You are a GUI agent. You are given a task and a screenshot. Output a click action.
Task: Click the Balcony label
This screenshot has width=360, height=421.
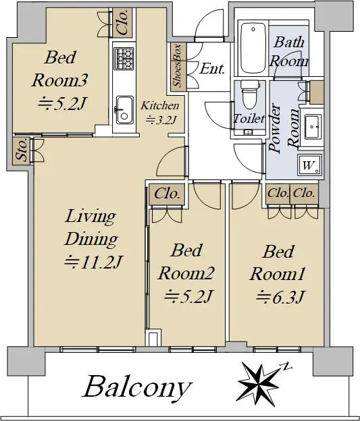click(138, 387)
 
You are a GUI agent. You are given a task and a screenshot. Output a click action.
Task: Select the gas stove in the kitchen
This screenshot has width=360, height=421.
click(124, 58)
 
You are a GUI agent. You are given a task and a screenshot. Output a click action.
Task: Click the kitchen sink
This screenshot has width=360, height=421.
click(124, 110)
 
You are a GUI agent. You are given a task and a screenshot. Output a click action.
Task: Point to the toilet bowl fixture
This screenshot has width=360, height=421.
click(249, 94)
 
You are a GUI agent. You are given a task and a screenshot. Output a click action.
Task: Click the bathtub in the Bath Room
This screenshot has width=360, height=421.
click(253, 48)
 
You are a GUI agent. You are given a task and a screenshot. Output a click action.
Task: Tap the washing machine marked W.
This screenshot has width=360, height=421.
click(310, 165)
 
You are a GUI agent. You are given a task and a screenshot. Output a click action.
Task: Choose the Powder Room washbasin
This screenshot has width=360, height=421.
click(313, 127)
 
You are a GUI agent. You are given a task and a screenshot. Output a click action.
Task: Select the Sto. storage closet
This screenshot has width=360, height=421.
click(22, 150)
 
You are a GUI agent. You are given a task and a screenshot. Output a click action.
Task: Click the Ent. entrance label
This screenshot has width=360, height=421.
click(212, 68)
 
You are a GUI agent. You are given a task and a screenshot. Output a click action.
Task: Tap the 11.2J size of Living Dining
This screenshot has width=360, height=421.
click(94, 262)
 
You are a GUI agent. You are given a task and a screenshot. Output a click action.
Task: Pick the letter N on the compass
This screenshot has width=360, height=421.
click(286, 366)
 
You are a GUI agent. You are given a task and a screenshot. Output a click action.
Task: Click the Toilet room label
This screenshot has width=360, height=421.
click(249, 119)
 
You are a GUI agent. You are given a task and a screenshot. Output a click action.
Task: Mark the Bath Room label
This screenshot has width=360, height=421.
click(288, 52)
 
